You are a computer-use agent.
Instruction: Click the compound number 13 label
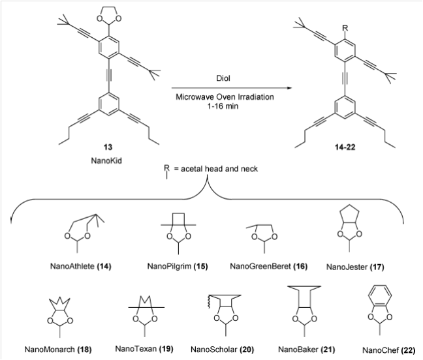pos(108,147)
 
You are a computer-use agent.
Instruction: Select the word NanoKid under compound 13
pos(106,160)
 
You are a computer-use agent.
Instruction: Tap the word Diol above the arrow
pos(223,78)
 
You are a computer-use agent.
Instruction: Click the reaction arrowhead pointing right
pos(289,88)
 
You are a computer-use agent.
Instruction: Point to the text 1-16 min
pos(223,106)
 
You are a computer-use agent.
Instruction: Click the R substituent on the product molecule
pos(345,28)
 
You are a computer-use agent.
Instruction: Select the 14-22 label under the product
pos(345,147)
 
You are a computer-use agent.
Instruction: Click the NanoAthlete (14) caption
pos(81,266)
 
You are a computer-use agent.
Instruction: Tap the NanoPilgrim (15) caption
pos(178,266)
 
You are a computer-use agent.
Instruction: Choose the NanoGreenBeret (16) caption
pos(269,266)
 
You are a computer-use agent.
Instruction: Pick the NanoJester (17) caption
pos(355,267)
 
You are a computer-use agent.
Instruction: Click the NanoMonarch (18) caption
pos(58,350)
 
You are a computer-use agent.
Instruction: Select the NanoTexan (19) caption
pos(144,349)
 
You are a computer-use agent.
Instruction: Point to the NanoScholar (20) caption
pos(223,350)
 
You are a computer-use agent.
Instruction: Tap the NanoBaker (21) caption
pos(306,350)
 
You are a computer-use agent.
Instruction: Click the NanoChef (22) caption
pos(389,350)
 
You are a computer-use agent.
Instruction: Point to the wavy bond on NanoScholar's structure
pos(210,302)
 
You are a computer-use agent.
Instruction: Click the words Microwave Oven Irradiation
pos(225,97)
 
